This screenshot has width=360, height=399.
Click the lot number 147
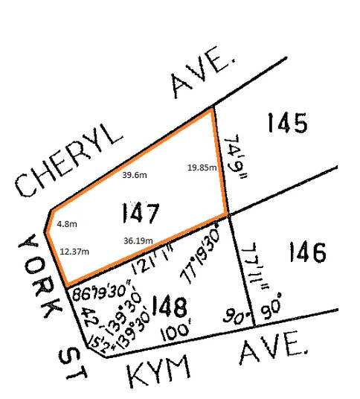139,215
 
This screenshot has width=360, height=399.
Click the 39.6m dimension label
135,175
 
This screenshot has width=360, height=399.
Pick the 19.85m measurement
202,167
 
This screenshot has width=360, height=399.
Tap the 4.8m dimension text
67,223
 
